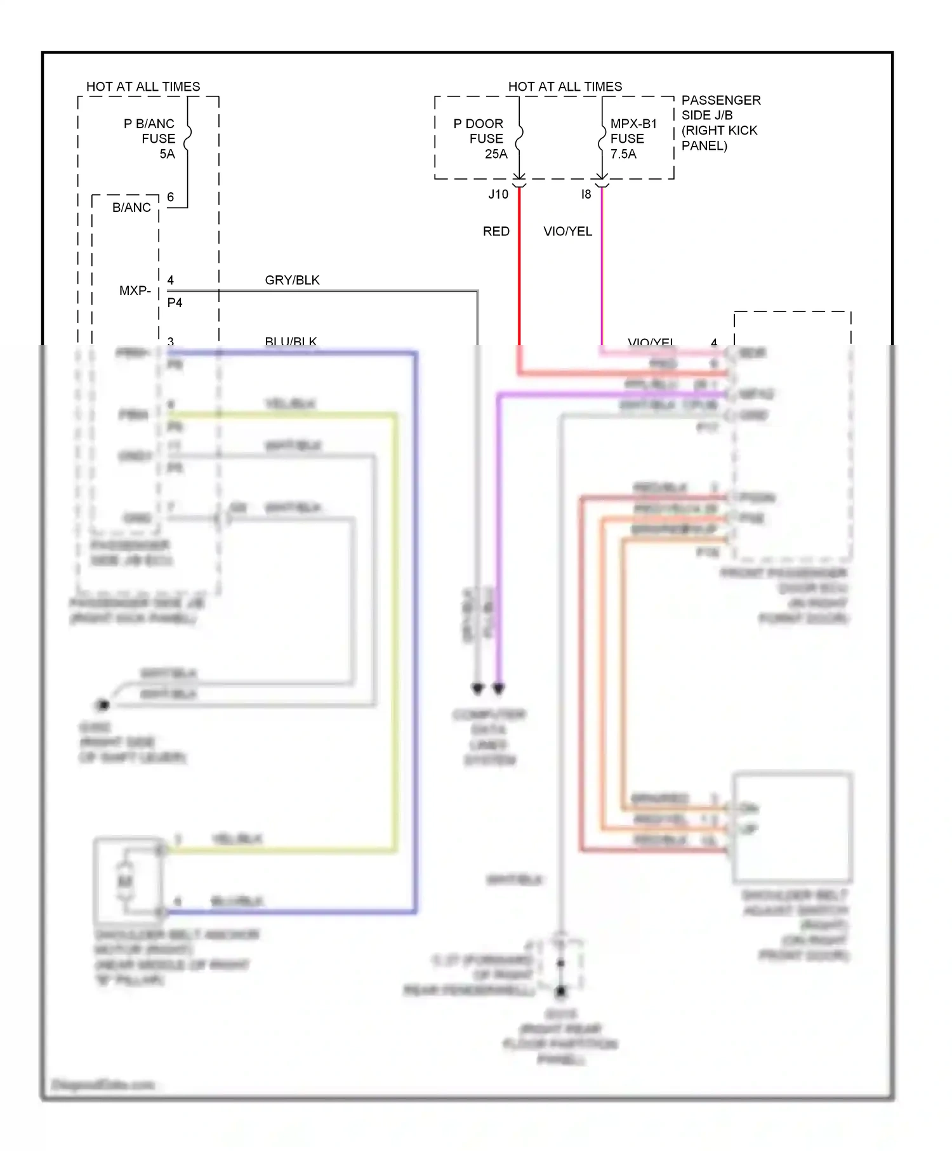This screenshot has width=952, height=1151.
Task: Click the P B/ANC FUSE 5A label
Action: (x=150, y=138)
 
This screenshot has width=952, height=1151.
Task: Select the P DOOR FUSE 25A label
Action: (x=480, y=138)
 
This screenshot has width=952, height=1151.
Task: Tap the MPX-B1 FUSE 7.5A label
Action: (x=632, y=138)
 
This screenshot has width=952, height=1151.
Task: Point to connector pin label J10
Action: (x=498, y=194)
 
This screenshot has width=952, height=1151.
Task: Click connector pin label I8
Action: (x=586, y=194)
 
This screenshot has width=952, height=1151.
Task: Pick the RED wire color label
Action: (x=496, y=231)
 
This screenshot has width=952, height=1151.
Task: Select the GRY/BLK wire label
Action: (x=292, y=280)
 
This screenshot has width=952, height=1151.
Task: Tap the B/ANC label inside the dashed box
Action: (x=131, y=207)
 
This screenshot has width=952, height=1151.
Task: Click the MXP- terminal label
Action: (x=135, y=291)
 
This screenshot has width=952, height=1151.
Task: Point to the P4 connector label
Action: (x=175, y=303)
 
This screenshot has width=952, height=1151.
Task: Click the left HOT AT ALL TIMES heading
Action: (x=143, y=86)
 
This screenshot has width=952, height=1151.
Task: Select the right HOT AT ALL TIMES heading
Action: (x=565, y=86)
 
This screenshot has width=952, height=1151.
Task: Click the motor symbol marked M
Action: (x=125, y=881)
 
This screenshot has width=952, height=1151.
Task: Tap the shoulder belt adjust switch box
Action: (x=792, y=827)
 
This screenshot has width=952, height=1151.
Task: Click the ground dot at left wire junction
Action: (x=102, y=704)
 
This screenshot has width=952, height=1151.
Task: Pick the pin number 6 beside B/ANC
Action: (x=170, y=197)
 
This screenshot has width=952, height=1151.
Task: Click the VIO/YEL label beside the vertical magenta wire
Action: (x=567, y=231)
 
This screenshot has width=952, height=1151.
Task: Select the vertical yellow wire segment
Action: (x=395, y=635)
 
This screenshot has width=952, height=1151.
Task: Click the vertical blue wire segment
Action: (x=416, y=635)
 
